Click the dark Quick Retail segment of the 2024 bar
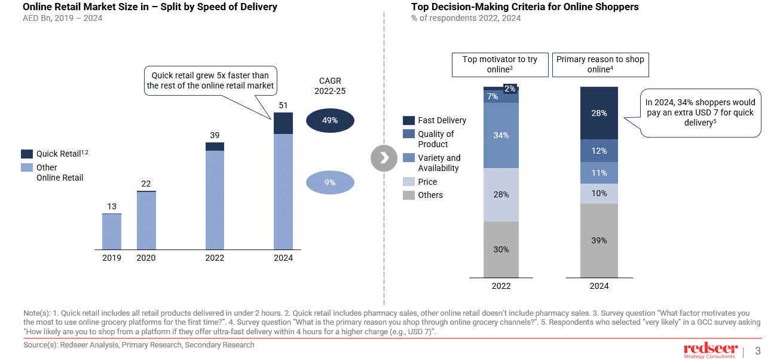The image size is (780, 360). [x=283, y=123]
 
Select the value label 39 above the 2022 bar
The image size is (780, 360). [x=215, y=135]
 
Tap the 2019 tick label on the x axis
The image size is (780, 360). [x=111, y=258]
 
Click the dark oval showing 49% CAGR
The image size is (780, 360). [x=330, y=120]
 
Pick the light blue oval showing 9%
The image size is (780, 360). [x=330, y=182]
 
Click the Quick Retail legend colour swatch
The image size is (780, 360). [x=27, y=154]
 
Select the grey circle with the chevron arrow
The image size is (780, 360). [x=384, y=157]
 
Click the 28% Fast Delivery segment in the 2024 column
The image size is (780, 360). [x=599, y=113]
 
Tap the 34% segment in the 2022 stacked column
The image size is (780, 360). [x=501, y=135]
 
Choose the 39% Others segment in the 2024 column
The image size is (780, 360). [x=599, y=240]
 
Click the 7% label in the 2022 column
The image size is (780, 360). [x=493, y=96]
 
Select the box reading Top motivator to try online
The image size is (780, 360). [x=500, y=65]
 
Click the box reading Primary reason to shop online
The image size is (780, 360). [x=599, y=65]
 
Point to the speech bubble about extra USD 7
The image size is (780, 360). [x=699, y=112]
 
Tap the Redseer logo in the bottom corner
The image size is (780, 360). [x=710, y=351]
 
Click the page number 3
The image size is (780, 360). [x=758, y=351]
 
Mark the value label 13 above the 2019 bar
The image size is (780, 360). [x=112, y=207]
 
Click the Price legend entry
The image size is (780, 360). [x=427, y=182]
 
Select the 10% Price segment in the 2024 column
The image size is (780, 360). [x=599, y=193]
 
